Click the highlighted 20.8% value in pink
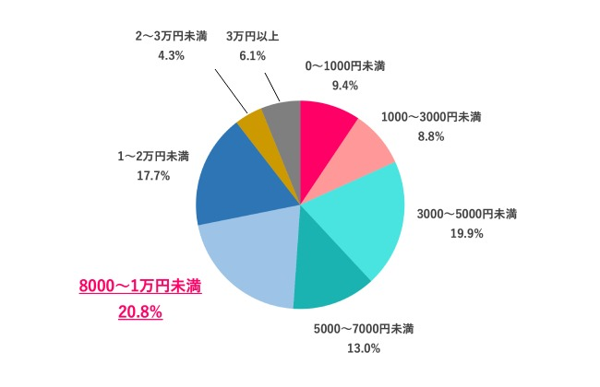pos(139,312)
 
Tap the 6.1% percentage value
pos(251,55)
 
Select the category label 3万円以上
pos(251,36)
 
